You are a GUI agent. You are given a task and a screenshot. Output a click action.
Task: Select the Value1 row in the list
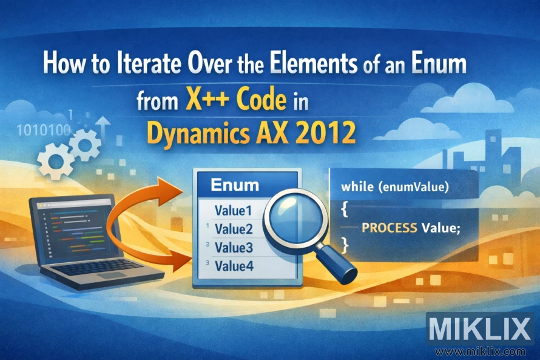(x=234, y=211)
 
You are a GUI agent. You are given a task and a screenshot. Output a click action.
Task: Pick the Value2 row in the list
(x=234, y=229)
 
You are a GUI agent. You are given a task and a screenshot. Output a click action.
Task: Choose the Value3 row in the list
(x=234, y=247)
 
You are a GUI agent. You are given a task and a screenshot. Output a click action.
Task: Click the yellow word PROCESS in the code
(x=389, y=228)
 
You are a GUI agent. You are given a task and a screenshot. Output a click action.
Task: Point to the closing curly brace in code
(x=345, y=245)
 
